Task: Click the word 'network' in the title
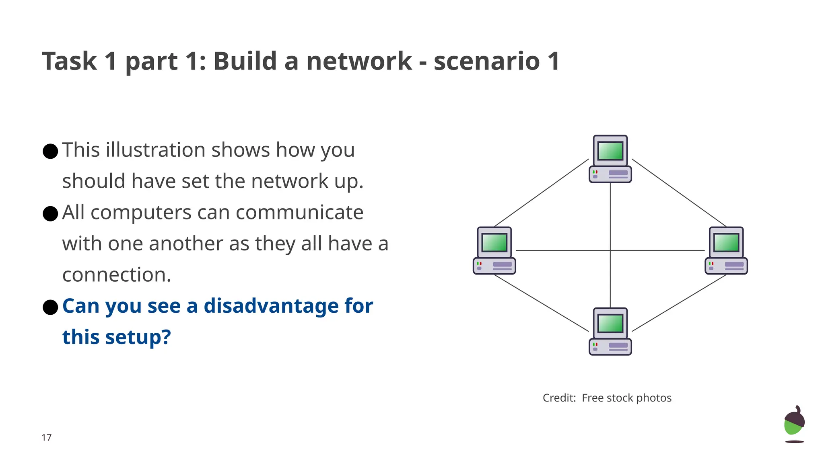coord(358,61)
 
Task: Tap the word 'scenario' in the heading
coord(486,61)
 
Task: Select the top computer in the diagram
coord(610,159)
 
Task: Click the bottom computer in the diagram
coord(610,332)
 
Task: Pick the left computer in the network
coord(494,251)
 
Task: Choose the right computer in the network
coord(726,251)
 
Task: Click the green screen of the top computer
coord(610,151)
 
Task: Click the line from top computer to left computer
coord(541,193)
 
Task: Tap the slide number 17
coord(47,437)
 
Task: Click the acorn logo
coord(794,422)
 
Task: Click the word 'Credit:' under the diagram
coord(559,398)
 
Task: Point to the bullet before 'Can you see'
coord(50,307)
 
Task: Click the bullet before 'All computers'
coord(50,213)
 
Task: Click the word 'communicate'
coord(299,213)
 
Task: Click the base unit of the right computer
coord(726,266)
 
